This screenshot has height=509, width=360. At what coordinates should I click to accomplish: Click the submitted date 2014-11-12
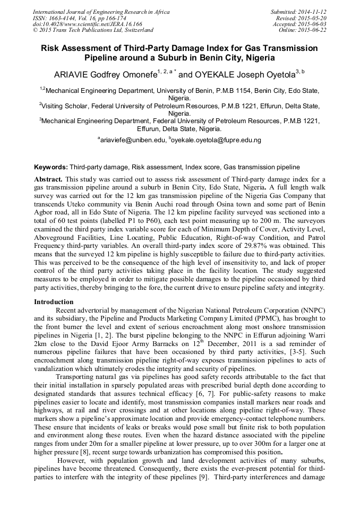point(312,11)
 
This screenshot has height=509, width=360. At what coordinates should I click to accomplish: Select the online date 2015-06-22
point(312,30)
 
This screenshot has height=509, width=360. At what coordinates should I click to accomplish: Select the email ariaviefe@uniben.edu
point(133,140)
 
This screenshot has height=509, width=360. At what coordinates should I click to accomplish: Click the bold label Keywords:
point(51,167)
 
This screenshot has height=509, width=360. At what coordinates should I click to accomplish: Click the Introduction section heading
point(54,301)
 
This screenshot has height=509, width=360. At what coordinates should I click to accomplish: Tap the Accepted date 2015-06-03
point(312,24)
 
